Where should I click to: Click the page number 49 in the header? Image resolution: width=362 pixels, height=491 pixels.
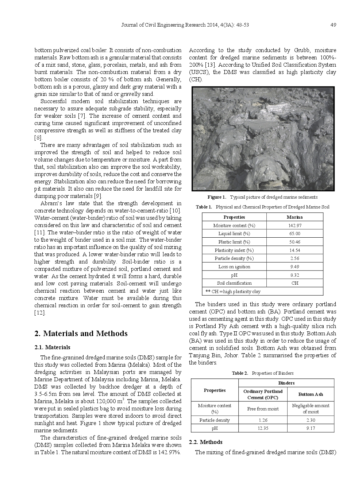tap(333, 25)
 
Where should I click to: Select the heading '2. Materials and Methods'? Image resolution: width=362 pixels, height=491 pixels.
tap(81, 334)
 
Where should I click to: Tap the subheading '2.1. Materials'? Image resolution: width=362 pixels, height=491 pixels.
tap(52, 347)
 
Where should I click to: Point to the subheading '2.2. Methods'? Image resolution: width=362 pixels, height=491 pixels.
tap(205, 442)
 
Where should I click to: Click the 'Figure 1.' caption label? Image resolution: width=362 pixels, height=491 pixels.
tap(216, 197)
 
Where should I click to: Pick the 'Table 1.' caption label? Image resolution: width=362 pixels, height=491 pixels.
tap(204, 207)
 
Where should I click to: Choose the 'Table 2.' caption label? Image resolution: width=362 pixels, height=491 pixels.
tap(240, 373)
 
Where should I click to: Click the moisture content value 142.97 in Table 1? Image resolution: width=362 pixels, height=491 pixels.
tap(294, 226)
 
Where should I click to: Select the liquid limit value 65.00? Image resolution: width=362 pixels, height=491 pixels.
tap(294, 234)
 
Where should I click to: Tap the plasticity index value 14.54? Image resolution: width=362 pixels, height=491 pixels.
tap(294, 250)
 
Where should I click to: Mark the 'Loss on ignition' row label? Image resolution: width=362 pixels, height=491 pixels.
tap(234, 267)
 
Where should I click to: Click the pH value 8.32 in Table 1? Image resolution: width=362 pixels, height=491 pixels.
tap(294, 275)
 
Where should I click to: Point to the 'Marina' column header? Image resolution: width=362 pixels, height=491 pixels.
tap(294, 217)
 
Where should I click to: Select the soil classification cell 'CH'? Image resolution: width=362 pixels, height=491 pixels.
tap(294, 283)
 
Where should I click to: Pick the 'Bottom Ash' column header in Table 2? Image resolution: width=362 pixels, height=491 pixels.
tap(311, 394)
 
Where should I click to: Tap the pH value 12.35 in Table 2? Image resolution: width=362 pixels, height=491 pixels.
tap(263, 428)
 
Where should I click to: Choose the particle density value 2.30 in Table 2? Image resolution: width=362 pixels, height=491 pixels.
tap(311, 420)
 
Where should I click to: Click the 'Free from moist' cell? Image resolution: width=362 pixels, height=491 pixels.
tap(263, 409)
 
